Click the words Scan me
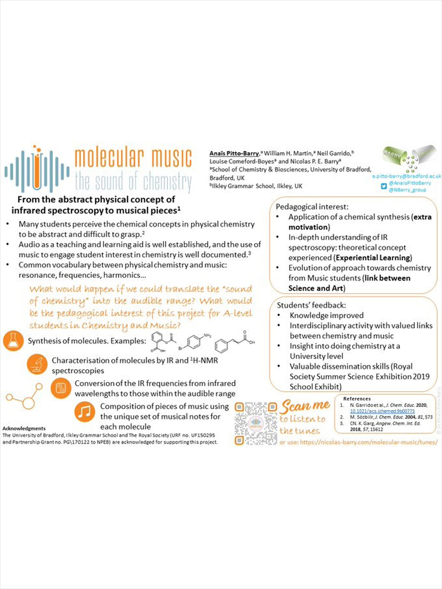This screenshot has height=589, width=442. (x=305, y=406)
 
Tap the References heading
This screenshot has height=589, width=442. (x=357, y=399)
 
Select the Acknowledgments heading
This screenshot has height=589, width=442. (x=24, y=428)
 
